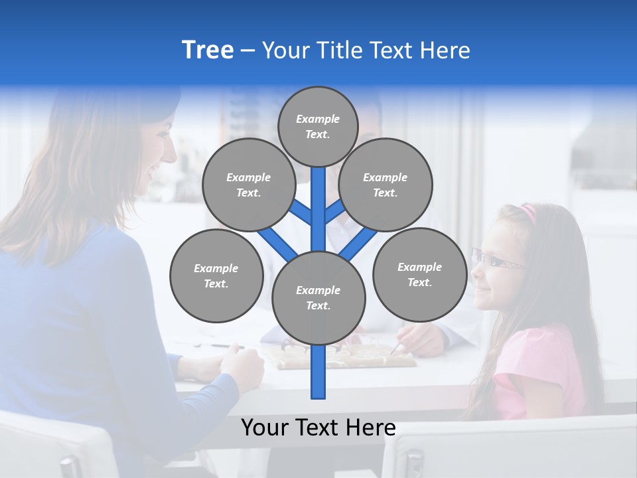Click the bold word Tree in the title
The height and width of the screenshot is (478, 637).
tap(208, 50)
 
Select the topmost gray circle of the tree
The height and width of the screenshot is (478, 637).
tap(318, 126)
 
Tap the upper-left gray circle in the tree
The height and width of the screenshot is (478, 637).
tap(248, 185)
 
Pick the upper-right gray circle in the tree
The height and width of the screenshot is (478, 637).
tap(386, 185)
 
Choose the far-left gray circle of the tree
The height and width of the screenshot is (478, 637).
tap(216, 276)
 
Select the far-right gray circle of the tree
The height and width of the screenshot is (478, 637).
tap(419, 274)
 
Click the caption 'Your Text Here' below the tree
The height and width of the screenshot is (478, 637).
tap(318, 428)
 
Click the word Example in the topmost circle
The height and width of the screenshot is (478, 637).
tap(318, 119)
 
